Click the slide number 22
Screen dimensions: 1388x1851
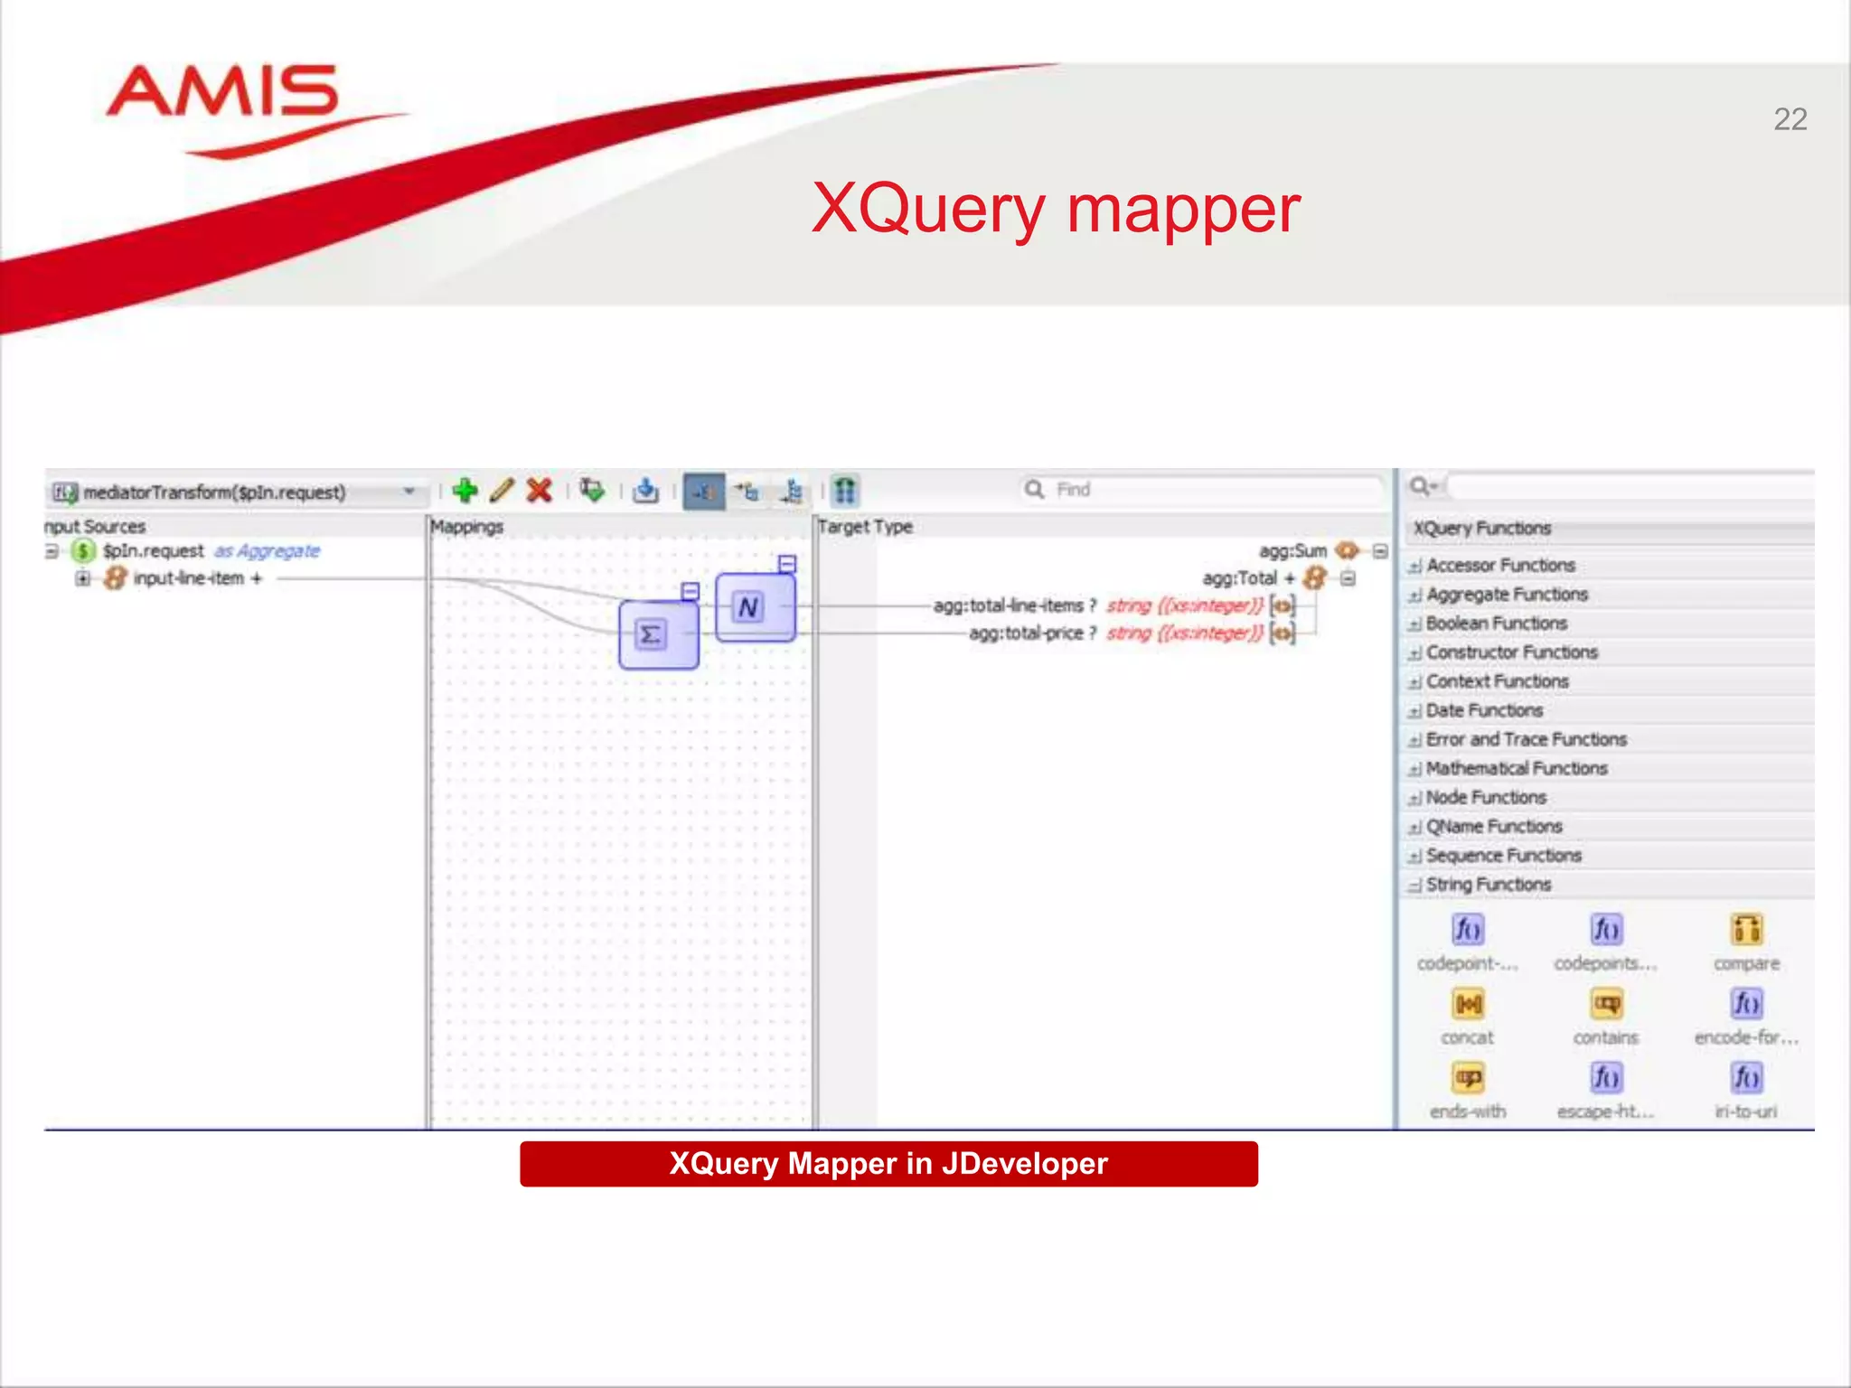click(1790, 119)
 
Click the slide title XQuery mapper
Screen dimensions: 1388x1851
click(1056, 209)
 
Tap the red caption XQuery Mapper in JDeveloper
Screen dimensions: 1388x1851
click(888, 1164)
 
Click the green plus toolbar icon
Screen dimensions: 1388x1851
click(465, 491)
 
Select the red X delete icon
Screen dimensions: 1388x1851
click(540, 491)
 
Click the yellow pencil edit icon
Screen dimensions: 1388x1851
click(503, 491)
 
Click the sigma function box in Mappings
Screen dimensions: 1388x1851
click(657, 634)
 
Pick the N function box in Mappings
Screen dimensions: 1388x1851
click(754, 607)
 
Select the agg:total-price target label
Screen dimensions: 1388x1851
click(1026, 633)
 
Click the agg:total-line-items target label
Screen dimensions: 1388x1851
click(1008, 605)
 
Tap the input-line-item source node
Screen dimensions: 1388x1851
click(188, 578)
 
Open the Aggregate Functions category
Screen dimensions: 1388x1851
click(1507, 595)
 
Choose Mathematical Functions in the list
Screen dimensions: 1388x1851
click(1516, 768)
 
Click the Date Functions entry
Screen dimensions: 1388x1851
click(1484, 710)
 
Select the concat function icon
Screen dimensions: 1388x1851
click(1468, 1005)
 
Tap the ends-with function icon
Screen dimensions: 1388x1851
click(1468, 1079)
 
